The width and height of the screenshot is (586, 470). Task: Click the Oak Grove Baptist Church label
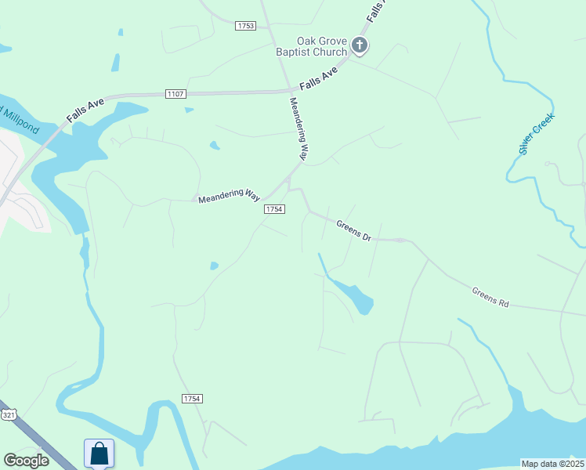pos(321,47)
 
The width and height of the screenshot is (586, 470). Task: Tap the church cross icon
pos(360,45)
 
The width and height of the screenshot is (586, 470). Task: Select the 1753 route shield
pos(245,26)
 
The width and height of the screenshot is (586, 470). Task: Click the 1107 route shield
pos(175,94)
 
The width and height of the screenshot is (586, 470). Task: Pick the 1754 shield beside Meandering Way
pos(273,209)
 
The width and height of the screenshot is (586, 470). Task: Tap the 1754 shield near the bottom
pos(192,399)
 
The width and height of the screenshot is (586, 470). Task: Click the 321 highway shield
pos(8,414)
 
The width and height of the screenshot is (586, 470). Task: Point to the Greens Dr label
pos(353,230)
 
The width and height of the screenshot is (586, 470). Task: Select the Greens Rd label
pos(490,297)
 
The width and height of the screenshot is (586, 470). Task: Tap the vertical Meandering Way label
pos(298,129)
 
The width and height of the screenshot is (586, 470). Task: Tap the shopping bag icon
pos(99,454)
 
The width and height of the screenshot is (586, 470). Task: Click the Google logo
pos(26,461)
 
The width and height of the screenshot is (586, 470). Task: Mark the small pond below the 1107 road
pos(214,145)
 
